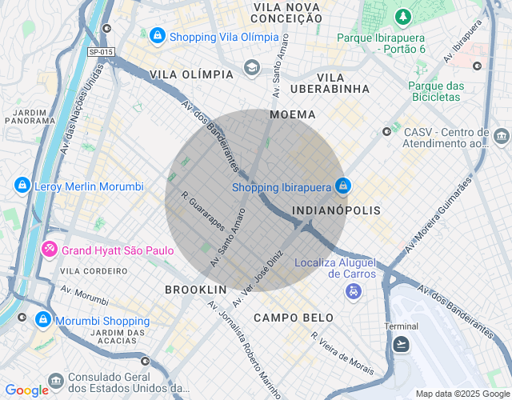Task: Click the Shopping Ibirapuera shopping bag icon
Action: point(342,185)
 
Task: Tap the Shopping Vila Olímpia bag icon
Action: point(158,36)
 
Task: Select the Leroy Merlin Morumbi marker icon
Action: point(22,186)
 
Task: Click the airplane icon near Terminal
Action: point(402,343)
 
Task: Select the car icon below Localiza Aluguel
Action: point(353,292)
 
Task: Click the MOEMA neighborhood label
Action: point(293,114)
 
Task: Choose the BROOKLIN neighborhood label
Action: point(196,289)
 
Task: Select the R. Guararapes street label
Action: point(202,210)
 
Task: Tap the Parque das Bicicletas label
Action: point(435,90)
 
